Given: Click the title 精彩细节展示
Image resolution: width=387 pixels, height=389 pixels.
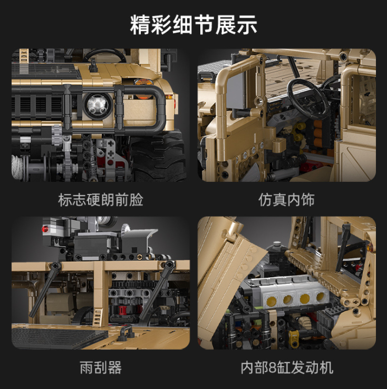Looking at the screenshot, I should click(x=193, y=25).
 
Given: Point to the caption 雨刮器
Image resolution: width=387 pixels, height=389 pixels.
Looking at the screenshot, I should click(x=100, y=368).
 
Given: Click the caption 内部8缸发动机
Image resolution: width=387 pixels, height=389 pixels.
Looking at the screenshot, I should click(x=287, y=368).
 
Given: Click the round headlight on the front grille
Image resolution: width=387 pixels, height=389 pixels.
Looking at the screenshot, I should click(x=96, y=103).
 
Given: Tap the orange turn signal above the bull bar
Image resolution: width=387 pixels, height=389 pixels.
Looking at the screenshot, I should click(x=142, y=82).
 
